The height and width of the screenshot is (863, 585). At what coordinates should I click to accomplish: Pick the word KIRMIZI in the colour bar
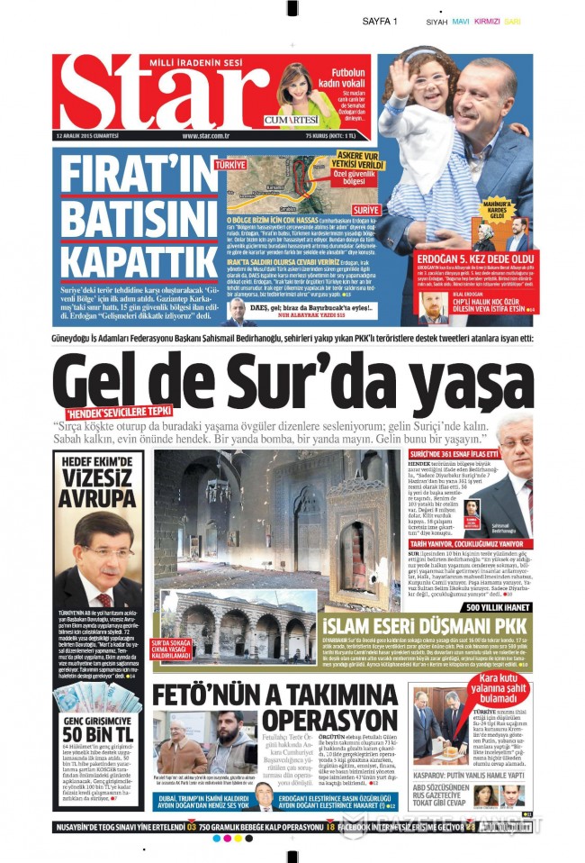[487, 21]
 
